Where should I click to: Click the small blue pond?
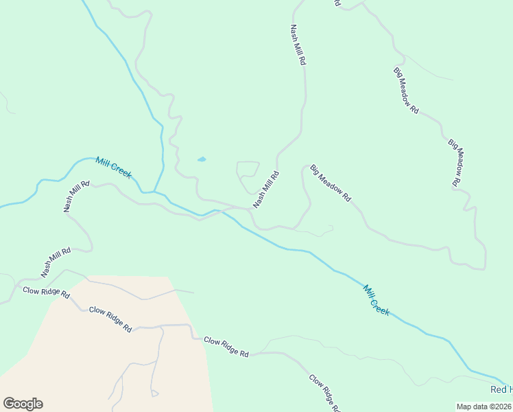click(x=202, y=159)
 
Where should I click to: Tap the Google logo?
click(x=23, y=404)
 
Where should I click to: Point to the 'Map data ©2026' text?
click(x=484, y=406)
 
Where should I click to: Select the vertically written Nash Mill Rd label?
click(x=298, y=45)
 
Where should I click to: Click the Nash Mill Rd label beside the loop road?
click(x=266, y=190)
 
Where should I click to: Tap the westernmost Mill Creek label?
click(x=114, y=168)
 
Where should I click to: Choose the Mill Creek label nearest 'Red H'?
click(x=377, y=300)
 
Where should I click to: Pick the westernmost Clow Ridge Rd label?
click(x=46, y=293)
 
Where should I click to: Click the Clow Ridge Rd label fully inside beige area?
click(x=109, y=320)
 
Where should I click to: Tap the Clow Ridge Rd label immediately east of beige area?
click(x=226, y=347)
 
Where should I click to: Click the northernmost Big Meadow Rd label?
click(x=405, y=90)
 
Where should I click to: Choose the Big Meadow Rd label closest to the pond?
click(x=331, y=183)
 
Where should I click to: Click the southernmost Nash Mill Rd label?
click(x=56, y=262)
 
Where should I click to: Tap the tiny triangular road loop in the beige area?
click(x=154, y=393)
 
